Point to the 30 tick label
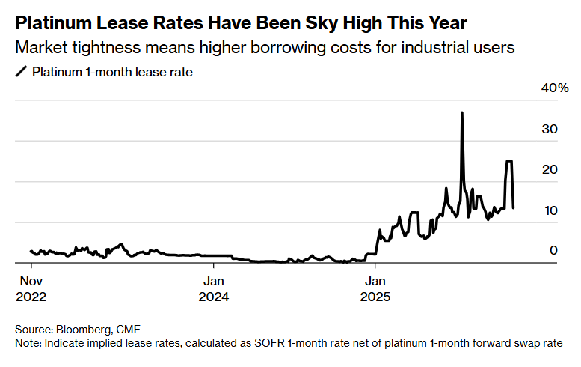pyautogui.click(x=550, y=130)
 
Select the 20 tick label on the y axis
pyautogui.click(x=550, y=170)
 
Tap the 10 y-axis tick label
pyautogui.click(x=550, y=210)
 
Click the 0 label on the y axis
pyautogui.click(x=554, y=250)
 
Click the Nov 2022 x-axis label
pyautogui.click(x=31, y=288)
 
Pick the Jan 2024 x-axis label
pyautogui.click(x=214, y=288)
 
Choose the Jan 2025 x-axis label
pyautogui.click(x=376, y=288)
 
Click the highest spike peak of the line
pyautogui.click(x=462, y=112)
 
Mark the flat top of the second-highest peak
pyautogui.click(x=509, y=161)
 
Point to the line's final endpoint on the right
pyautogui.click(x=513, y=207)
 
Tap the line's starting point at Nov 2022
pyautogui.click(x=31, y=251)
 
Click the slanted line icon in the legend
pyautogui.click(x=20, y=73)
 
